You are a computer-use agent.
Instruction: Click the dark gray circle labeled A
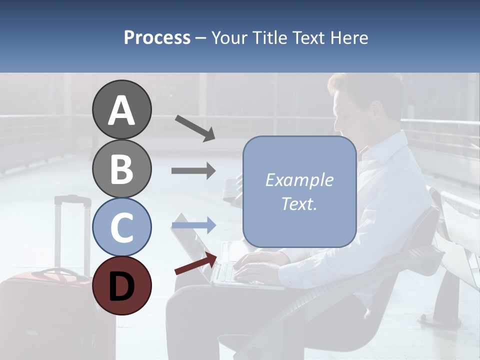[x=122, y=109]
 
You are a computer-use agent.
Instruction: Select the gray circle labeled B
[x=122, y=168]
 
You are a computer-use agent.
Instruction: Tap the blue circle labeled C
[x=122, y=227]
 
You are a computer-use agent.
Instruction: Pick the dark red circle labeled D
[x=122, y=286]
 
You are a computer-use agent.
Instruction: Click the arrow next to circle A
[x=195, y=128]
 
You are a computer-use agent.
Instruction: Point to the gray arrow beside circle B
[x=194, y=171]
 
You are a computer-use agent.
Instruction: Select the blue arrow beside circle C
[x=194, y=225]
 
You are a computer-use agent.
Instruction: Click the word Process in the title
[x=157, y=37]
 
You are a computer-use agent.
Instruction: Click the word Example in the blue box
[x=299, y=180]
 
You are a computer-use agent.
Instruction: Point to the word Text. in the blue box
[x=299, y=204]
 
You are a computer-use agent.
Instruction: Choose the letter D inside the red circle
[x=122, y=286]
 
